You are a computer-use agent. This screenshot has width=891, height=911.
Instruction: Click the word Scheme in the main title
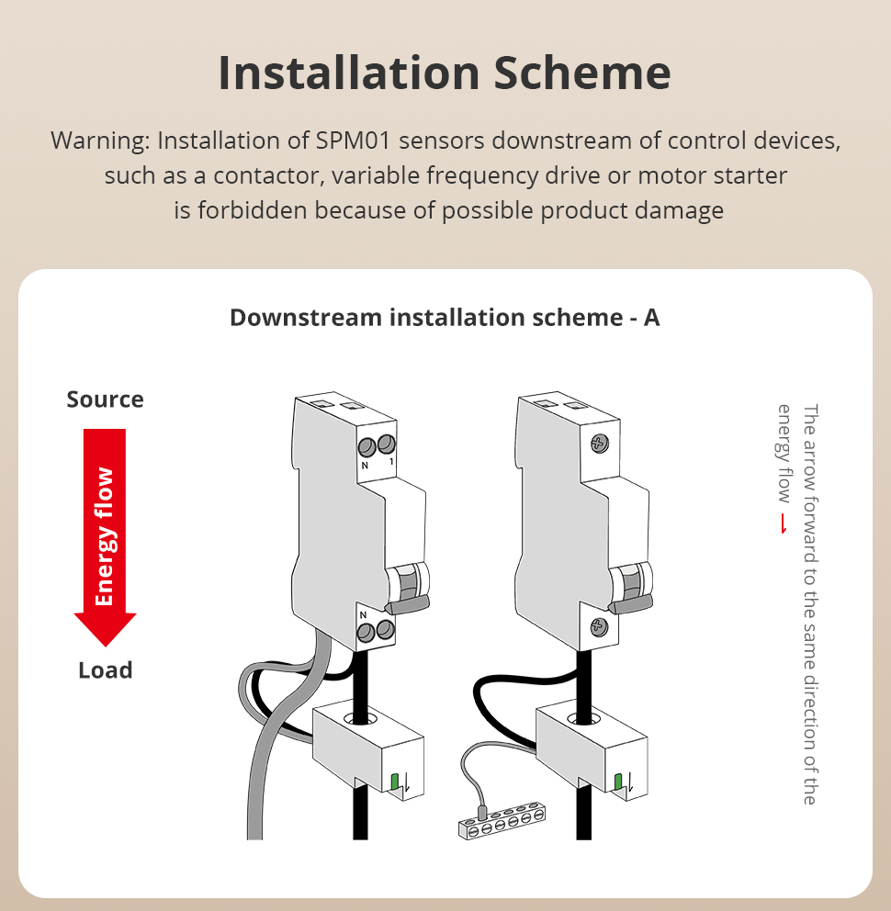pos(582,73)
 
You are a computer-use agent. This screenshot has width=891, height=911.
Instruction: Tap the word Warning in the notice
pos(100,141)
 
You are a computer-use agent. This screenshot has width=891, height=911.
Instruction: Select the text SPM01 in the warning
pos(353,141)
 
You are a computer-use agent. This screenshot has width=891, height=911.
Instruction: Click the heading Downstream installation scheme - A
pos(445,317)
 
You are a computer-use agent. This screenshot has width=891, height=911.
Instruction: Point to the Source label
pos(106,399)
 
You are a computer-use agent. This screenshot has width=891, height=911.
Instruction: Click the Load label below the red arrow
pos(106,669)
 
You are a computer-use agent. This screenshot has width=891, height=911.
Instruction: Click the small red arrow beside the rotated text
pos(784,523)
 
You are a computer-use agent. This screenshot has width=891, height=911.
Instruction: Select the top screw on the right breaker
pos(599,444)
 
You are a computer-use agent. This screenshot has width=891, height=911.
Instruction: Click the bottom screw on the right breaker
pos(599,627)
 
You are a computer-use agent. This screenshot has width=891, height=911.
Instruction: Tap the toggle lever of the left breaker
pos(407,605)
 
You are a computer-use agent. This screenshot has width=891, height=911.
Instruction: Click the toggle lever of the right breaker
pos(630,603)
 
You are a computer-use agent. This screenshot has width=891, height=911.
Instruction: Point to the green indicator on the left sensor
pos(395,782)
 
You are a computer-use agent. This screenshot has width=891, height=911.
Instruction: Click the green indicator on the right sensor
pos(618,782)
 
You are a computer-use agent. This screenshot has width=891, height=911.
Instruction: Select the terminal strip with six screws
pos(502,820)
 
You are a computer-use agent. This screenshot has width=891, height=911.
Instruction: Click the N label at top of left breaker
pos(365,466)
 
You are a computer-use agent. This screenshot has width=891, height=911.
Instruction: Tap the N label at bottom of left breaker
pos(363,614)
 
